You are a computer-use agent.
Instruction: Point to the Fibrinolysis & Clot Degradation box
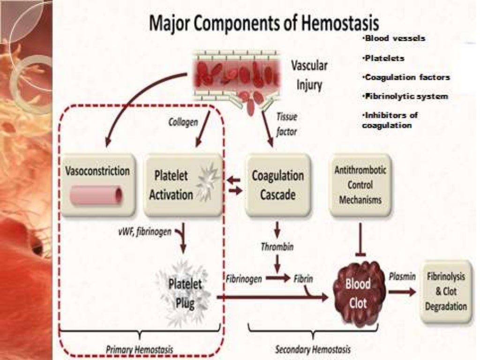[446, 291]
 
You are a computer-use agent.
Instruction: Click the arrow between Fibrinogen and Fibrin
[278, 278]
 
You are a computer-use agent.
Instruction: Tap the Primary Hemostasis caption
[139, 349]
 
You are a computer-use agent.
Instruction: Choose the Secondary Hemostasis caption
[313, 349]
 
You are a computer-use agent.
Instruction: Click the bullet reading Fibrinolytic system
[405, 97]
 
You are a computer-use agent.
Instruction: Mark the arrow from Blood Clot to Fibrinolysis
[402, 292]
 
